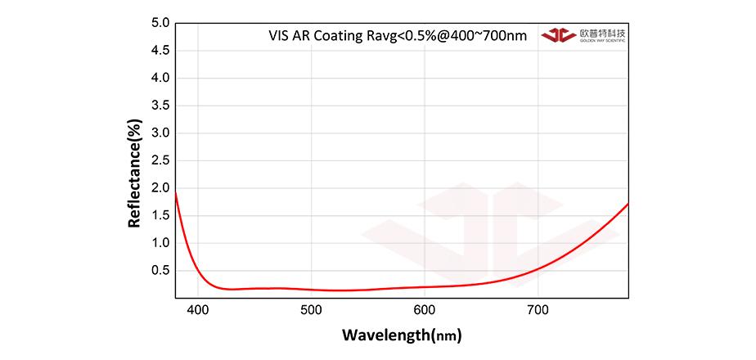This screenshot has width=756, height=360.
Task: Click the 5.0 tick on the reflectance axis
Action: [x=160, y=24]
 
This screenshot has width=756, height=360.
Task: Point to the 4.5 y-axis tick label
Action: [x=160, y=51]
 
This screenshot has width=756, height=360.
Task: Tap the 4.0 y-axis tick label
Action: [x=160, y=79]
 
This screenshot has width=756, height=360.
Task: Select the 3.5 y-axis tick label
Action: [x=160, y=106]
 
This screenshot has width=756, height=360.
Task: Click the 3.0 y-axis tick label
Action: [x=160, y=133]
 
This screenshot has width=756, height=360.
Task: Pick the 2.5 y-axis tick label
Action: [x=160, y=160]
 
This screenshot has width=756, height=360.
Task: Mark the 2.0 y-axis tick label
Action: [x=160, y=188]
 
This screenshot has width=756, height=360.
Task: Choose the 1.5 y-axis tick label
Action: [x=160, y=215]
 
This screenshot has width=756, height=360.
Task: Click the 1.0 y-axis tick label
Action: [x=160, y=243]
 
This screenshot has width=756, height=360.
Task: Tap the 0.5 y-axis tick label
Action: [x=160, y=270]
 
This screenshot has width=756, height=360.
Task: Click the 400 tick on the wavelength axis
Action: [x=198, y=310]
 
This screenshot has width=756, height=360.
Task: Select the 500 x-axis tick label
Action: [x=311, y=310]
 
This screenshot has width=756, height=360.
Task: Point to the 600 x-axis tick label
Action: [x=424, y=310]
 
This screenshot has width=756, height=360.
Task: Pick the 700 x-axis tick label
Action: [x=537, y=310]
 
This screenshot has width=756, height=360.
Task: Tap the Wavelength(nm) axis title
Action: [x=401, y=335]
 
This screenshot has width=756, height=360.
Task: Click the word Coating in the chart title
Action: [x=337, y=36]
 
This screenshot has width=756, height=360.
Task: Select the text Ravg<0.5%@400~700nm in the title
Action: [x=447, y=36]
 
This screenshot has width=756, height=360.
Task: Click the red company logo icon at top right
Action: [x=559, y=35]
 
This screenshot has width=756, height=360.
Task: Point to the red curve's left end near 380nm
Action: [x=177, y=193]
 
